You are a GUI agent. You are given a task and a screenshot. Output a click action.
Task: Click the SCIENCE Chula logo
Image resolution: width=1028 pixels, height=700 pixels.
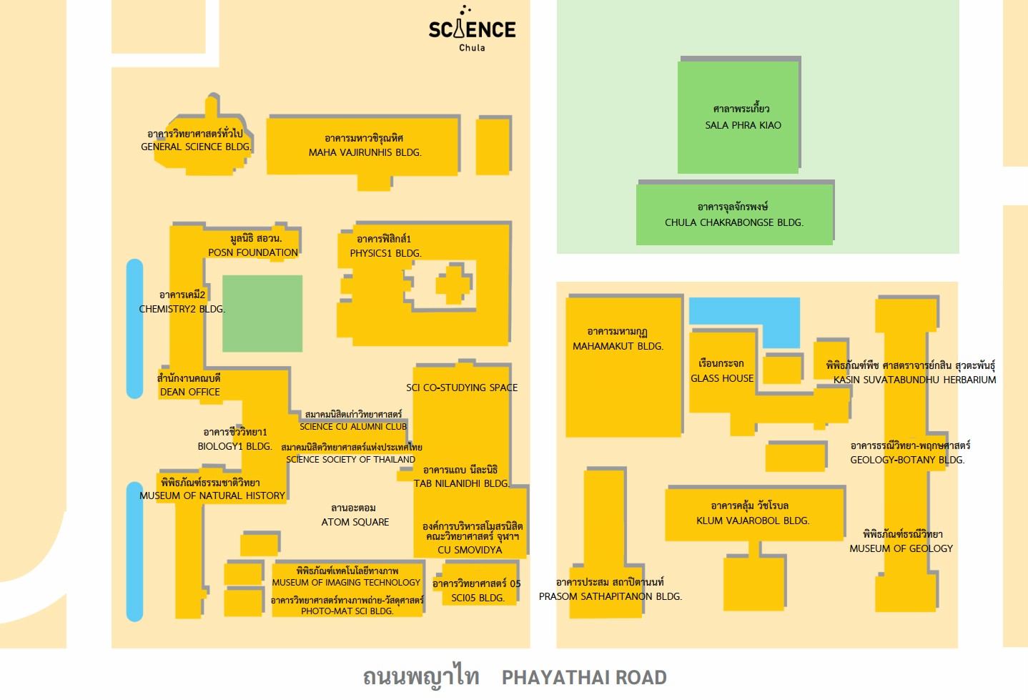473,29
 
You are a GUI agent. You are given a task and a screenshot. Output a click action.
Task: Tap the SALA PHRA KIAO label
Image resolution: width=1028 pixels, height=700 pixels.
743,125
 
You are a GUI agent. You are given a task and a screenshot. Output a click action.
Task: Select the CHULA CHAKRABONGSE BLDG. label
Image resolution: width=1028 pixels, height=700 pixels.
734,222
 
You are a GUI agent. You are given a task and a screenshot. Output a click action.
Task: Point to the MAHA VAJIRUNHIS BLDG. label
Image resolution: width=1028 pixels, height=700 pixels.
365,152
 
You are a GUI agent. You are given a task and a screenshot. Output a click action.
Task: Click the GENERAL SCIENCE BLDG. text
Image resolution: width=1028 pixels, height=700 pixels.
196,147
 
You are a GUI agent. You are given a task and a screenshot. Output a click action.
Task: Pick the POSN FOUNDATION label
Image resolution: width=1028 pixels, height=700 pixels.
253,252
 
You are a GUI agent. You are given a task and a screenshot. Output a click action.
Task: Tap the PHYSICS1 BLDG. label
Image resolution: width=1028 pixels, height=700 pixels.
385,253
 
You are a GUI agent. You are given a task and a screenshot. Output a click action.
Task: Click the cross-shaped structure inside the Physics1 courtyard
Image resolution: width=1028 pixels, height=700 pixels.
453,284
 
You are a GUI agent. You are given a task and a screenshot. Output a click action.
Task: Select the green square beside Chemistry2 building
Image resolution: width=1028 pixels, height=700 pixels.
262,313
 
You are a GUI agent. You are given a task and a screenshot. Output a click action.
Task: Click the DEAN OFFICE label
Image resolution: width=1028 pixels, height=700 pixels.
190,392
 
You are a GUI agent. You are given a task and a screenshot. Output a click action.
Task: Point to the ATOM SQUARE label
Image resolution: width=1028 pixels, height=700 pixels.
355,522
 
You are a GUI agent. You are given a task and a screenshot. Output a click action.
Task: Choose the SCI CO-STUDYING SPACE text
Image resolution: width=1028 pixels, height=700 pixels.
462,388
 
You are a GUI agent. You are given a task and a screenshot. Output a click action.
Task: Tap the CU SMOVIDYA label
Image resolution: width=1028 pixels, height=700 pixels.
470,549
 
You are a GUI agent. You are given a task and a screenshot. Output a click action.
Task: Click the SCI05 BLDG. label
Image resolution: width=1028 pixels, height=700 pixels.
478,598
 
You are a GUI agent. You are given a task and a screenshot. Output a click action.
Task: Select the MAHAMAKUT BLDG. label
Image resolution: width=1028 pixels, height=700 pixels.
618,345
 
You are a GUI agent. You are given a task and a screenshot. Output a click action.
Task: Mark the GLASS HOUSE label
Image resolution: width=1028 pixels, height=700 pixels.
722,378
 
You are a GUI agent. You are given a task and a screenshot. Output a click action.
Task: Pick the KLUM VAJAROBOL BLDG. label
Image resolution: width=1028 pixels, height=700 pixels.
753,521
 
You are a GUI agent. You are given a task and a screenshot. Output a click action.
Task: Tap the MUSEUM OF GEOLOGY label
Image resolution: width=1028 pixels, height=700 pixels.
901,548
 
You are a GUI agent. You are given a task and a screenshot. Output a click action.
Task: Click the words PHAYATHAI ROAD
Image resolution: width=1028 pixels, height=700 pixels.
584,678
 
